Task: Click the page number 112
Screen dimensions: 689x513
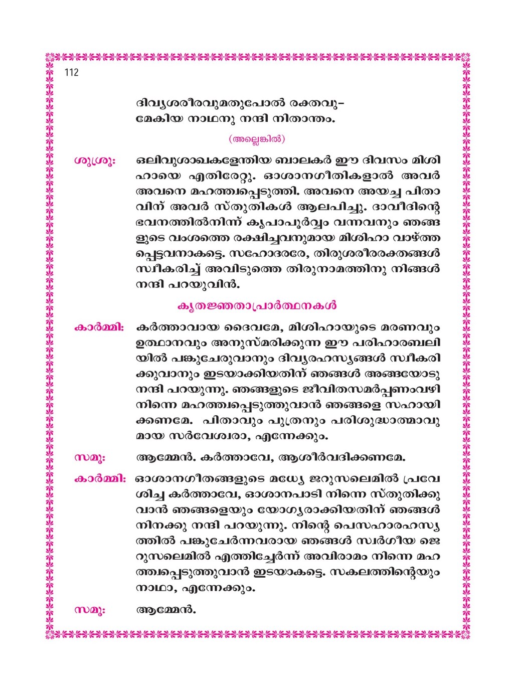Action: (71, 73)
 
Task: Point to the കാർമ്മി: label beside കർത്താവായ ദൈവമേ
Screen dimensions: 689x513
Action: (99, 328)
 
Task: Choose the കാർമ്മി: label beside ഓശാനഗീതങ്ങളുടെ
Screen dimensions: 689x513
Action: (99, 477)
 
